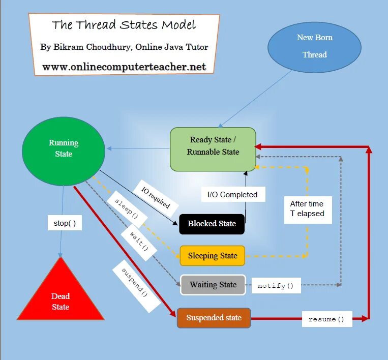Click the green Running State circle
click(x=64, y=148)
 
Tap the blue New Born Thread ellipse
click(x=314, y=47)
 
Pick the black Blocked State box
click(x=212, y=224)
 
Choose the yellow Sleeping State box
click(x=212, y=256)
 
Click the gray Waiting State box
click(x=213, y=285)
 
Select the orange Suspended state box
click(x=214, y=318)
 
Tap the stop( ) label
click(x=65, y=223)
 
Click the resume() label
click(x=326, y=319)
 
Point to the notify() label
click(x=276, y=286)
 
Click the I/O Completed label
click(x=233, y=194)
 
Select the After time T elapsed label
click(x=307, y=209)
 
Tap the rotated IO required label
click(x=156, y=198)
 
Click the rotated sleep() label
click(x=127, y=209)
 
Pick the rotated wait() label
click(x=139, y=241)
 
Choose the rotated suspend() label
click(x=135, y=286)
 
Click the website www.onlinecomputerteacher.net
click(x=124, y=67)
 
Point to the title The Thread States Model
click(x=124, y=25)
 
